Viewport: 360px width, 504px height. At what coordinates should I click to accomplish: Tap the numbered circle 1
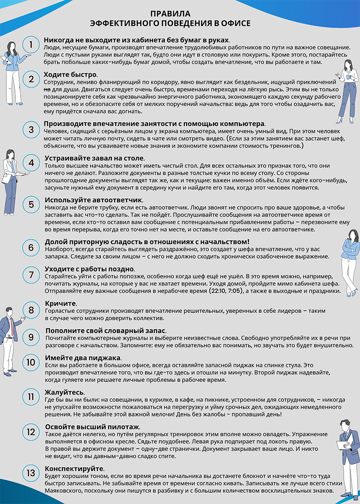point(31,45)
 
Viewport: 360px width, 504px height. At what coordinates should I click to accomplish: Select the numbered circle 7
point(31,275)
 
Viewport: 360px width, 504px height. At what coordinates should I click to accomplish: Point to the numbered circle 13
point(31,473)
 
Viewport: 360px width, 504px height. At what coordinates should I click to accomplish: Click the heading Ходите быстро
point(71,74)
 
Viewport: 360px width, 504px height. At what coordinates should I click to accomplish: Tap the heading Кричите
point(60,304)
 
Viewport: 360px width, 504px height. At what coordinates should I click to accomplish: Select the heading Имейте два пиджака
point(83,358)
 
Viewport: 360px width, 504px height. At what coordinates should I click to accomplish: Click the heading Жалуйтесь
point(65,391)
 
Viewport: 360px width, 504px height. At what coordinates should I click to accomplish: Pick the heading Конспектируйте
point(74,468)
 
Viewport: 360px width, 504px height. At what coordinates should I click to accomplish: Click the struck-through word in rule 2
point(47,89)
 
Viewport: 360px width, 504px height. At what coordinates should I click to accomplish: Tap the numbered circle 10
point(31,363)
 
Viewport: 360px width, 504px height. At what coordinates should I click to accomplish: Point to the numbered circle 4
point(31,162)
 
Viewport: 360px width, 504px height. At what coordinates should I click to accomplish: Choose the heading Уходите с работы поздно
point(89,269)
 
